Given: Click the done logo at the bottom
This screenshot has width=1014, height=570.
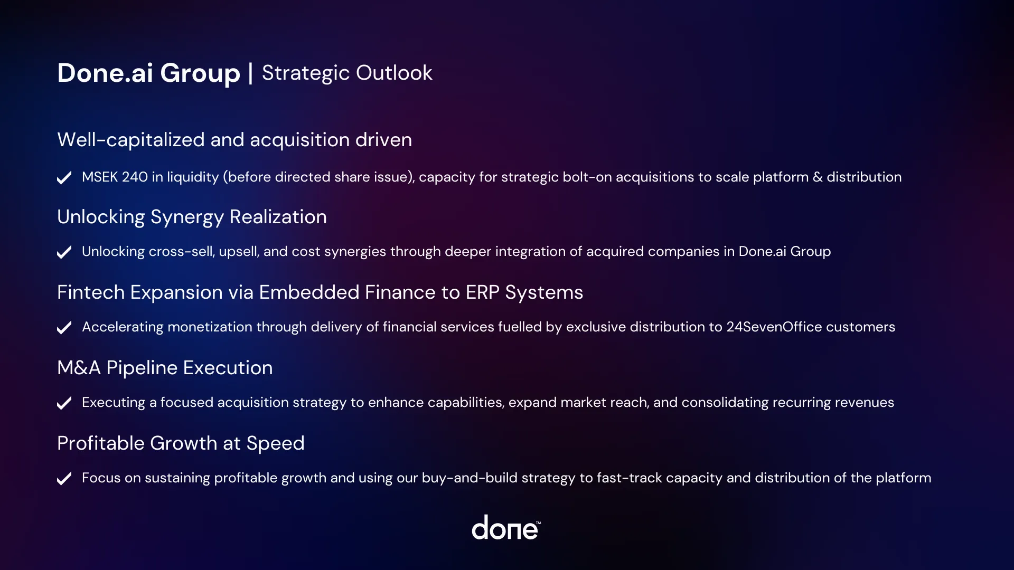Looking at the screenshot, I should [x=505, y=528].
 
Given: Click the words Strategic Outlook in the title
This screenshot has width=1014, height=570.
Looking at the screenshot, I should [x=347, y=73].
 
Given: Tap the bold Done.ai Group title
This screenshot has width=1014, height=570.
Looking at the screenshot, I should [x=148, y=73].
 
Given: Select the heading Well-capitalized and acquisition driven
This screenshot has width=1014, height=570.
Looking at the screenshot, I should [x=234, y=140].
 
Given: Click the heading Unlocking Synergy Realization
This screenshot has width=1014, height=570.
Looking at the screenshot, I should [x=192, y=217].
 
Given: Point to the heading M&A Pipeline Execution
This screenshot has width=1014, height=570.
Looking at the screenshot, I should [x=165, y=368].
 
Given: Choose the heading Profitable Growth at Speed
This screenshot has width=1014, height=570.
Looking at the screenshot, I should [x=181, y=443].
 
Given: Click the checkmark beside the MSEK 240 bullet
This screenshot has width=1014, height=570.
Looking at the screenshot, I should [x=64, y=178].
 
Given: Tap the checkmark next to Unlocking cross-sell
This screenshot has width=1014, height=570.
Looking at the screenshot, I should [x=64, y=252].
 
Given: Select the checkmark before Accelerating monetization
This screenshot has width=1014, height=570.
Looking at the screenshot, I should [x=64, y=328].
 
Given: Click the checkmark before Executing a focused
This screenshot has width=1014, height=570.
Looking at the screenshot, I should [x=64, y=403].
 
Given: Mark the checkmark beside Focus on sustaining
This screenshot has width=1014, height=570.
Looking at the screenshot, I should [x=64, y=479].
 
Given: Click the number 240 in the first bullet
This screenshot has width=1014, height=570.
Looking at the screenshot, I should [x=135, y=177].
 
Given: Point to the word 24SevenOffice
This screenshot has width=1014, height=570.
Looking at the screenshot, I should [x=774, y=327].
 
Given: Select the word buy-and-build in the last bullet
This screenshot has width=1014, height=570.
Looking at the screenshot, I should [x=470, y=478].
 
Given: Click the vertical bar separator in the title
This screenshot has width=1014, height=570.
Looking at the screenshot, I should [x=250, y=73].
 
